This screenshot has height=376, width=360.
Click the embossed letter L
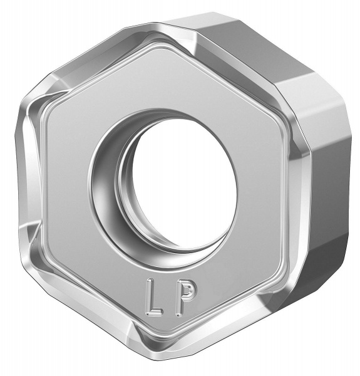coord(152,297)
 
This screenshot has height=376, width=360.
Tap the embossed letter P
coord(184,298)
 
